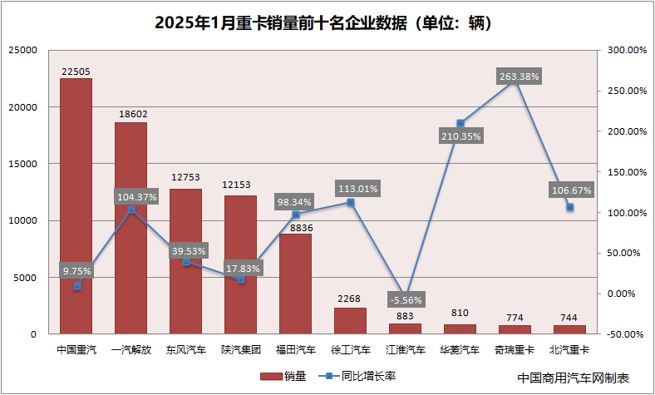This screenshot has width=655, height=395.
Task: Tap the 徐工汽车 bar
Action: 350,321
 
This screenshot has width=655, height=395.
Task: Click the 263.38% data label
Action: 520,77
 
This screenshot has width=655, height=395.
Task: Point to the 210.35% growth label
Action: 460,136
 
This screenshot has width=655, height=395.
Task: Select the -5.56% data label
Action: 406,299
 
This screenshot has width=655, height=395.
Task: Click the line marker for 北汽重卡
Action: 569,207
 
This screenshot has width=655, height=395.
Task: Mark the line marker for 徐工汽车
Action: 350,202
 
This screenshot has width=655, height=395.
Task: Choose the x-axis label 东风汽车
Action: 185,350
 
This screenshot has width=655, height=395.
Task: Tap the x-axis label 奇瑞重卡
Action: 515,350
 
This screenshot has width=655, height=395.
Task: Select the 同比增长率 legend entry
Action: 357,376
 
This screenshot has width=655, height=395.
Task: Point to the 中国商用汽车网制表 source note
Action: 574,378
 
